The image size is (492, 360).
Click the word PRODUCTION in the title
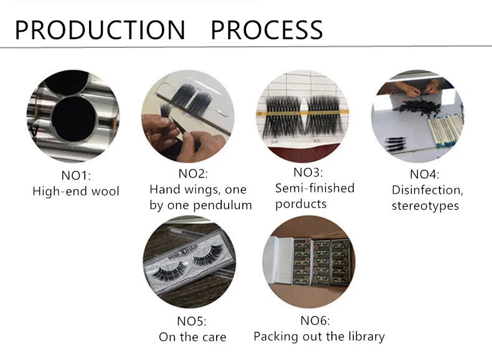[x=100, y=30]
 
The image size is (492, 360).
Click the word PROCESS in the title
[x=267, y=30]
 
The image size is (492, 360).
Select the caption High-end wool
[x=75, y=191]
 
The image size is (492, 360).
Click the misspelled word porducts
[x=301, y=204]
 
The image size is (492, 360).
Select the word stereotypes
[x=425, y=206]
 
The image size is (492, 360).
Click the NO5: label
[x=192, y=321]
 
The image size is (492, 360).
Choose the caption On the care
[x=192, y=337]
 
